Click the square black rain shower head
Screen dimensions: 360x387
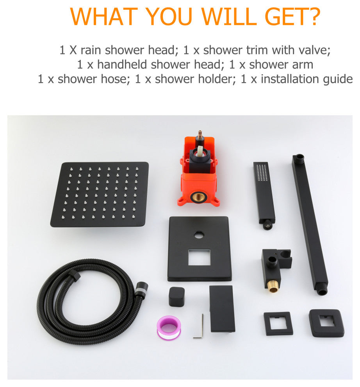click(100, 195)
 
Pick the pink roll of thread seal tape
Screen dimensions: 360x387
click(169, 328)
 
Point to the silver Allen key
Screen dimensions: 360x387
click(200, 326)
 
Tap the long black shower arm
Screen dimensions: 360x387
click(310, 225)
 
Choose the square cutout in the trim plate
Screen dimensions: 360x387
click(199, 257)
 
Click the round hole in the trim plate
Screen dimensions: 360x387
click(199, 235)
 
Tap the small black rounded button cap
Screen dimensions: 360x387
click(176, 296)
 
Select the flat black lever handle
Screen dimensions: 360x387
click(222, 309)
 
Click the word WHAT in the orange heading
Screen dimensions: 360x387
click(104, 17)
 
